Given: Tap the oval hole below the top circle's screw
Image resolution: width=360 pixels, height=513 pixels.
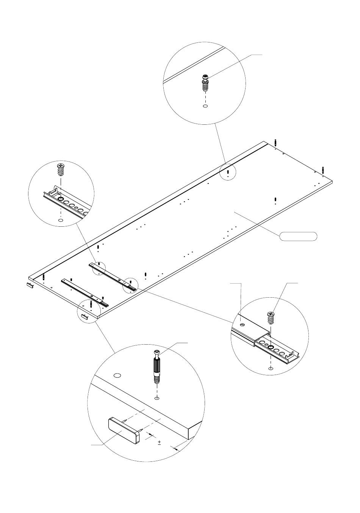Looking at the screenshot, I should click(205, 107).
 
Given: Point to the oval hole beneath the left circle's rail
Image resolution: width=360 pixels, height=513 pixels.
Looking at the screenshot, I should click(60, 220).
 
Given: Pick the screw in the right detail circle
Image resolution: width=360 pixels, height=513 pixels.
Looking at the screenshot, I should click(271, 318).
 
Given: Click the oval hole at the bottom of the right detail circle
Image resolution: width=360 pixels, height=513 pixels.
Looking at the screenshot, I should click(270, 368).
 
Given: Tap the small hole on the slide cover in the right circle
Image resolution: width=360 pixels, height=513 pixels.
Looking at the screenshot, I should click(242, 325).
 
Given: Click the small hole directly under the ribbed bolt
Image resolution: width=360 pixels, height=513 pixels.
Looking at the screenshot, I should click(157, 398).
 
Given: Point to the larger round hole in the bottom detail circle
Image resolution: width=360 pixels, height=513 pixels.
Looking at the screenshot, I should click(117, 375).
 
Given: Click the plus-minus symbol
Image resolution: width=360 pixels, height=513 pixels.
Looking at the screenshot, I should click(159, 442).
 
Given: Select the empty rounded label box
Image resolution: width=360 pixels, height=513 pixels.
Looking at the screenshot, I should click(298, 236).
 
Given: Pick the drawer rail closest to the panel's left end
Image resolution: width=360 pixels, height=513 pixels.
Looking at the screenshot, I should click(85, 291).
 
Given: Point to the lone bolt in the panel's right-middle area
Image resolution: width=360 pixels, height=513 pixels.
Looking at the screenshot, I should click(275, 200).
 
